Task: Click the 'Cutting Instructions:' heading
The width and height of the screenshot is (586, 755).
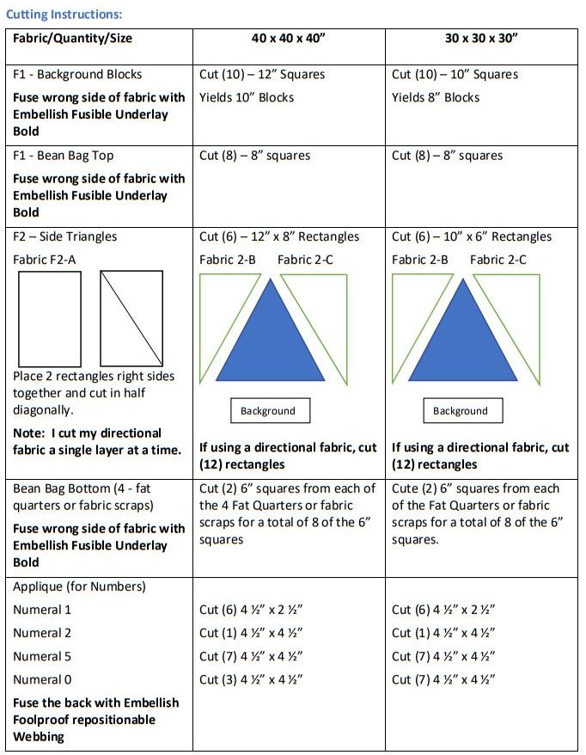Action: click(64, 15)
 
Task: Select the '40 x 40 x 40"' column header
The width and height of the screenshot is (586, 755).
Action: click(288, 39)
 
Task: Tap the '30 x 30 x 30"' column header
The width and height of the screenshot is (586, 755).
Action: click(482, 39)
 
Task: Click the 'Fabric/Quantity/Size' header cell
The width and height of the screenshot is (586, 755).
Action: click(73, 39)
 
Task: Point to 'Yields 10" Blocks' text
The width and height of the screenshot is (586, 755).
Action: click(247, 97)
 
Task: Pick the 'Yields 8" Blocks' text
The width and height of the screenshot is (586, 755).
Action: click(436, 97)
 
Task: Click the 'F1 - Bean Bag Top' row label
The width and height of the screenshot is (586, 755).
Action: click(64, 156)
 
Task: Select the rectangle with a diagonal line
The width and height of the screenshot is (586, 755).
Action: click(131, 318)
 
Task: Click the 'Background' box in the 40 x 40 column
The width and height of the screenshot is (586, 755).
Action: click(269, 411)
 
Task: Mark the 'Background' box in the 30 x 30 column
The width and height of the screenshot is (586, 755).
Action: click(461, 411)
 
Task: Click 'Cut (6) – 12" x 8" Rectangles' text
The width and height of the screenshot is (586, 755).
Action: click(279, 236)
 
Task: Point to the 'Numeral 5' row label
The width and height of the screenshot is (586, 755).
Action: click(42, 656)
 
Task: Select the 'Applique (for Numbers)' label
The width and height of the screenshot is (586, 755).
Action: click(79, 586)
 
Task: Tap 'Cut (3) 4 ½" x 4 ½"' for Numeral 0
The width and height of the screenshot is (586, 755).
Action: click(251, 679)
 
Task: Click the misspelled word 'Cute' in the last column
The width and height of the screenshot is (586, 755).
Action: click(406, 488)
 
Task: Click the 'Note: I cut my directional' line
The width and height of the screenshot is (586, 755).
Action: click(87, 433)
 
